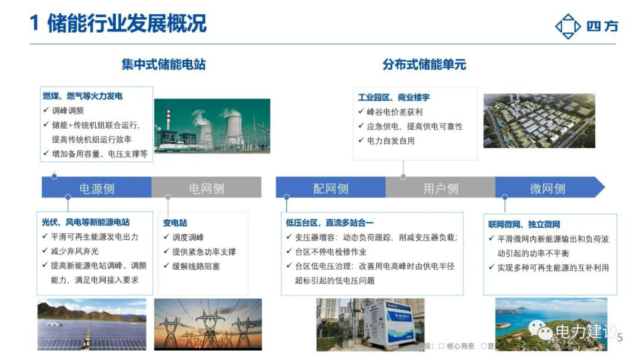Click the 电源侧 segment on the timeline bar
(97, 188)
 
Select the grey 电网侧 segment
(206, 188)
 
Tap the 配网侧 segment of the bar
(331, 188)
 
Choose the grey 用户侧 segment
(440, 188)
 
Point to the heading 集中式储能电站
(163, 65)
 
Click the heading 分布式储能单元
(424, 65)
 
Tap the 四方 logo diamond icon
(568, 27)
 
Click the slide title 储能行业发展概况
(127, 23)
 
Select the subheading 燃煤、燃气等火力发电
(83, 96)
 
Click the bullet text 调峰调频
(68, 111)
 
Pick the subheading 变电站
(175, 223)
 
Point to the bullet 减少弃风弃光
(75, 251)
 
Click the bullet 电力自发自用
(391, 141)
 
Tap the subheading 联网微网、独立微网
(524, 224)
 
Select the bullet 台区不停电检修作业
(331, 252)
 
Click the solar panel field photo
(92, 324)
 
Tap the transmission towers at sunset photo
(208, 324)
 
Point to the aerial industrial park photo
(539, 121)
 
